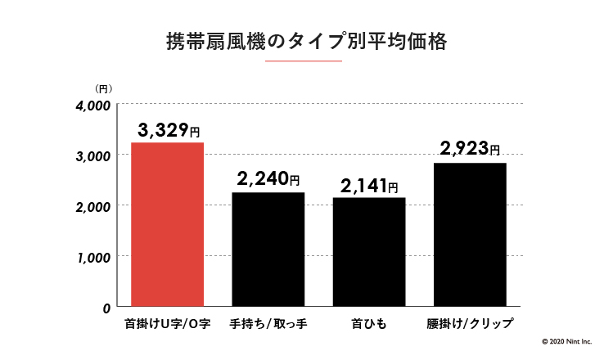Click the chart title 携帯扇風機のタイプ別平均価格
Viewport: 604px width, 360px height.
301,43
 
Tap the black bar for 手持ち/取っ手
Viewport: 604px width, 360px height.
268,249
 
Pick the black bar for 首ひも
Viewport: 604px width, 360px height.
369,252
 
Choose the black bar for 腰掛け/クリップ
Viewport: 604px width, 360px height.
470,234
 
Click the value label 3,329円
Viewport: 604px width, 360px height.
169,130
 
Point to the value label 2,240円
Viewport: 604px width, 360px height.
268,180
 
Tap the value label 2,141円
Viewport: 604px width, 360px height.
369,186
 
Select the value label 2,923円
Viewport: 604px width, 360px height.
469,149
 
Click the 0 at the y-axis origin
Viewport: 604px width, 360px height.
106,308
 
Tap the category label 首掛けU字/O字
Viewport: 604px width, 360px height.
167,324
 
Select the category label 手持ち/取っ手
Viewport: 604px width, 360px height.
268,324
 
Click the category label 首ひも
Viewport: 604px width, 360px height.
369,324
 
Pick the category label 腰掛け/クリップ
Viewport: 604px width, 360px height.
470,324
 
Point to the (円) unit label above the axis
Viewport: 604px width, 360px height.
103,88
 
